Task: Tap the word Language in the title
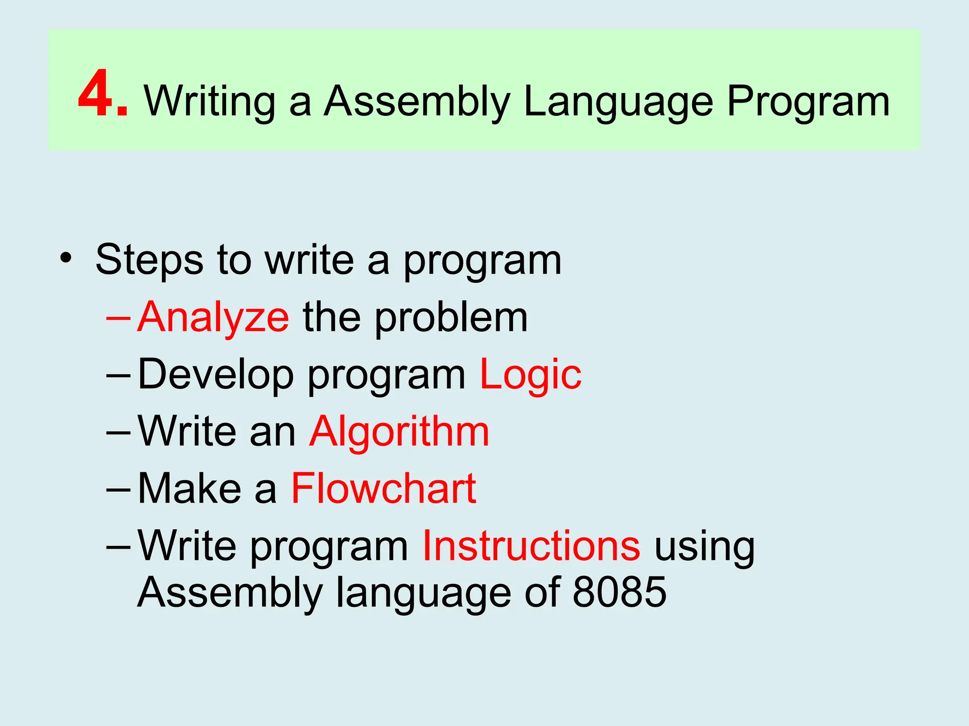pyautogui.click(x=618, y=102)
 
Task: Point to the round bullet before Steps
pyautogui.click(x=66, y=259)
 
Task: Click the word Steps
pyautogui.click(x=150, y=259)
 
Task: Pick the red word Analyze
pyautogui.click(x=213, y=318)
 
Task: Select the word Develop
pyautogui.click(x=216, y=375)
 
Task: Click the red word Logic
pyautogui.click(x=530, y=375)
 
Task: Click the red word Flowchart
pyautogui.click(x=383, y=489)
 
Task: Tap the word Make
pyautogui.click(x=189, y=489)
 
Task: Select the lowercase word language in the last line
pyautogui.click(x=423, y=594)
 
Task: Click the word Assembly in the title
pyautogui.click(x=416, y=102)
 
